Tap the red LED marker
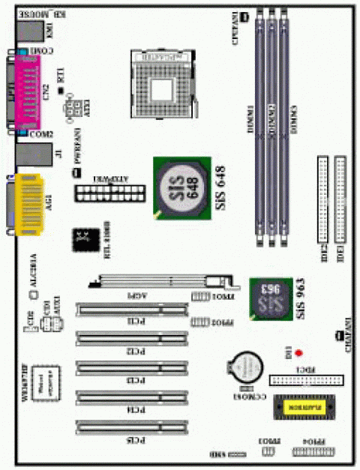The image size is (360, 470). [x=298, y=352]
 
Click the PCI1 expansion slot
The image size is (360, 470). [x=133, y=309]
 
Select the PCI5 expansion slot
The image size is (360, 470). [x=133, y=428]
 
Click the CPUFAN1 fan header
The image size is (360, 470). [x=245, y=16]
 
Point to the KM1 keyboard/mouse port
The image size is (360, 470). [x=34, y=30]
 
